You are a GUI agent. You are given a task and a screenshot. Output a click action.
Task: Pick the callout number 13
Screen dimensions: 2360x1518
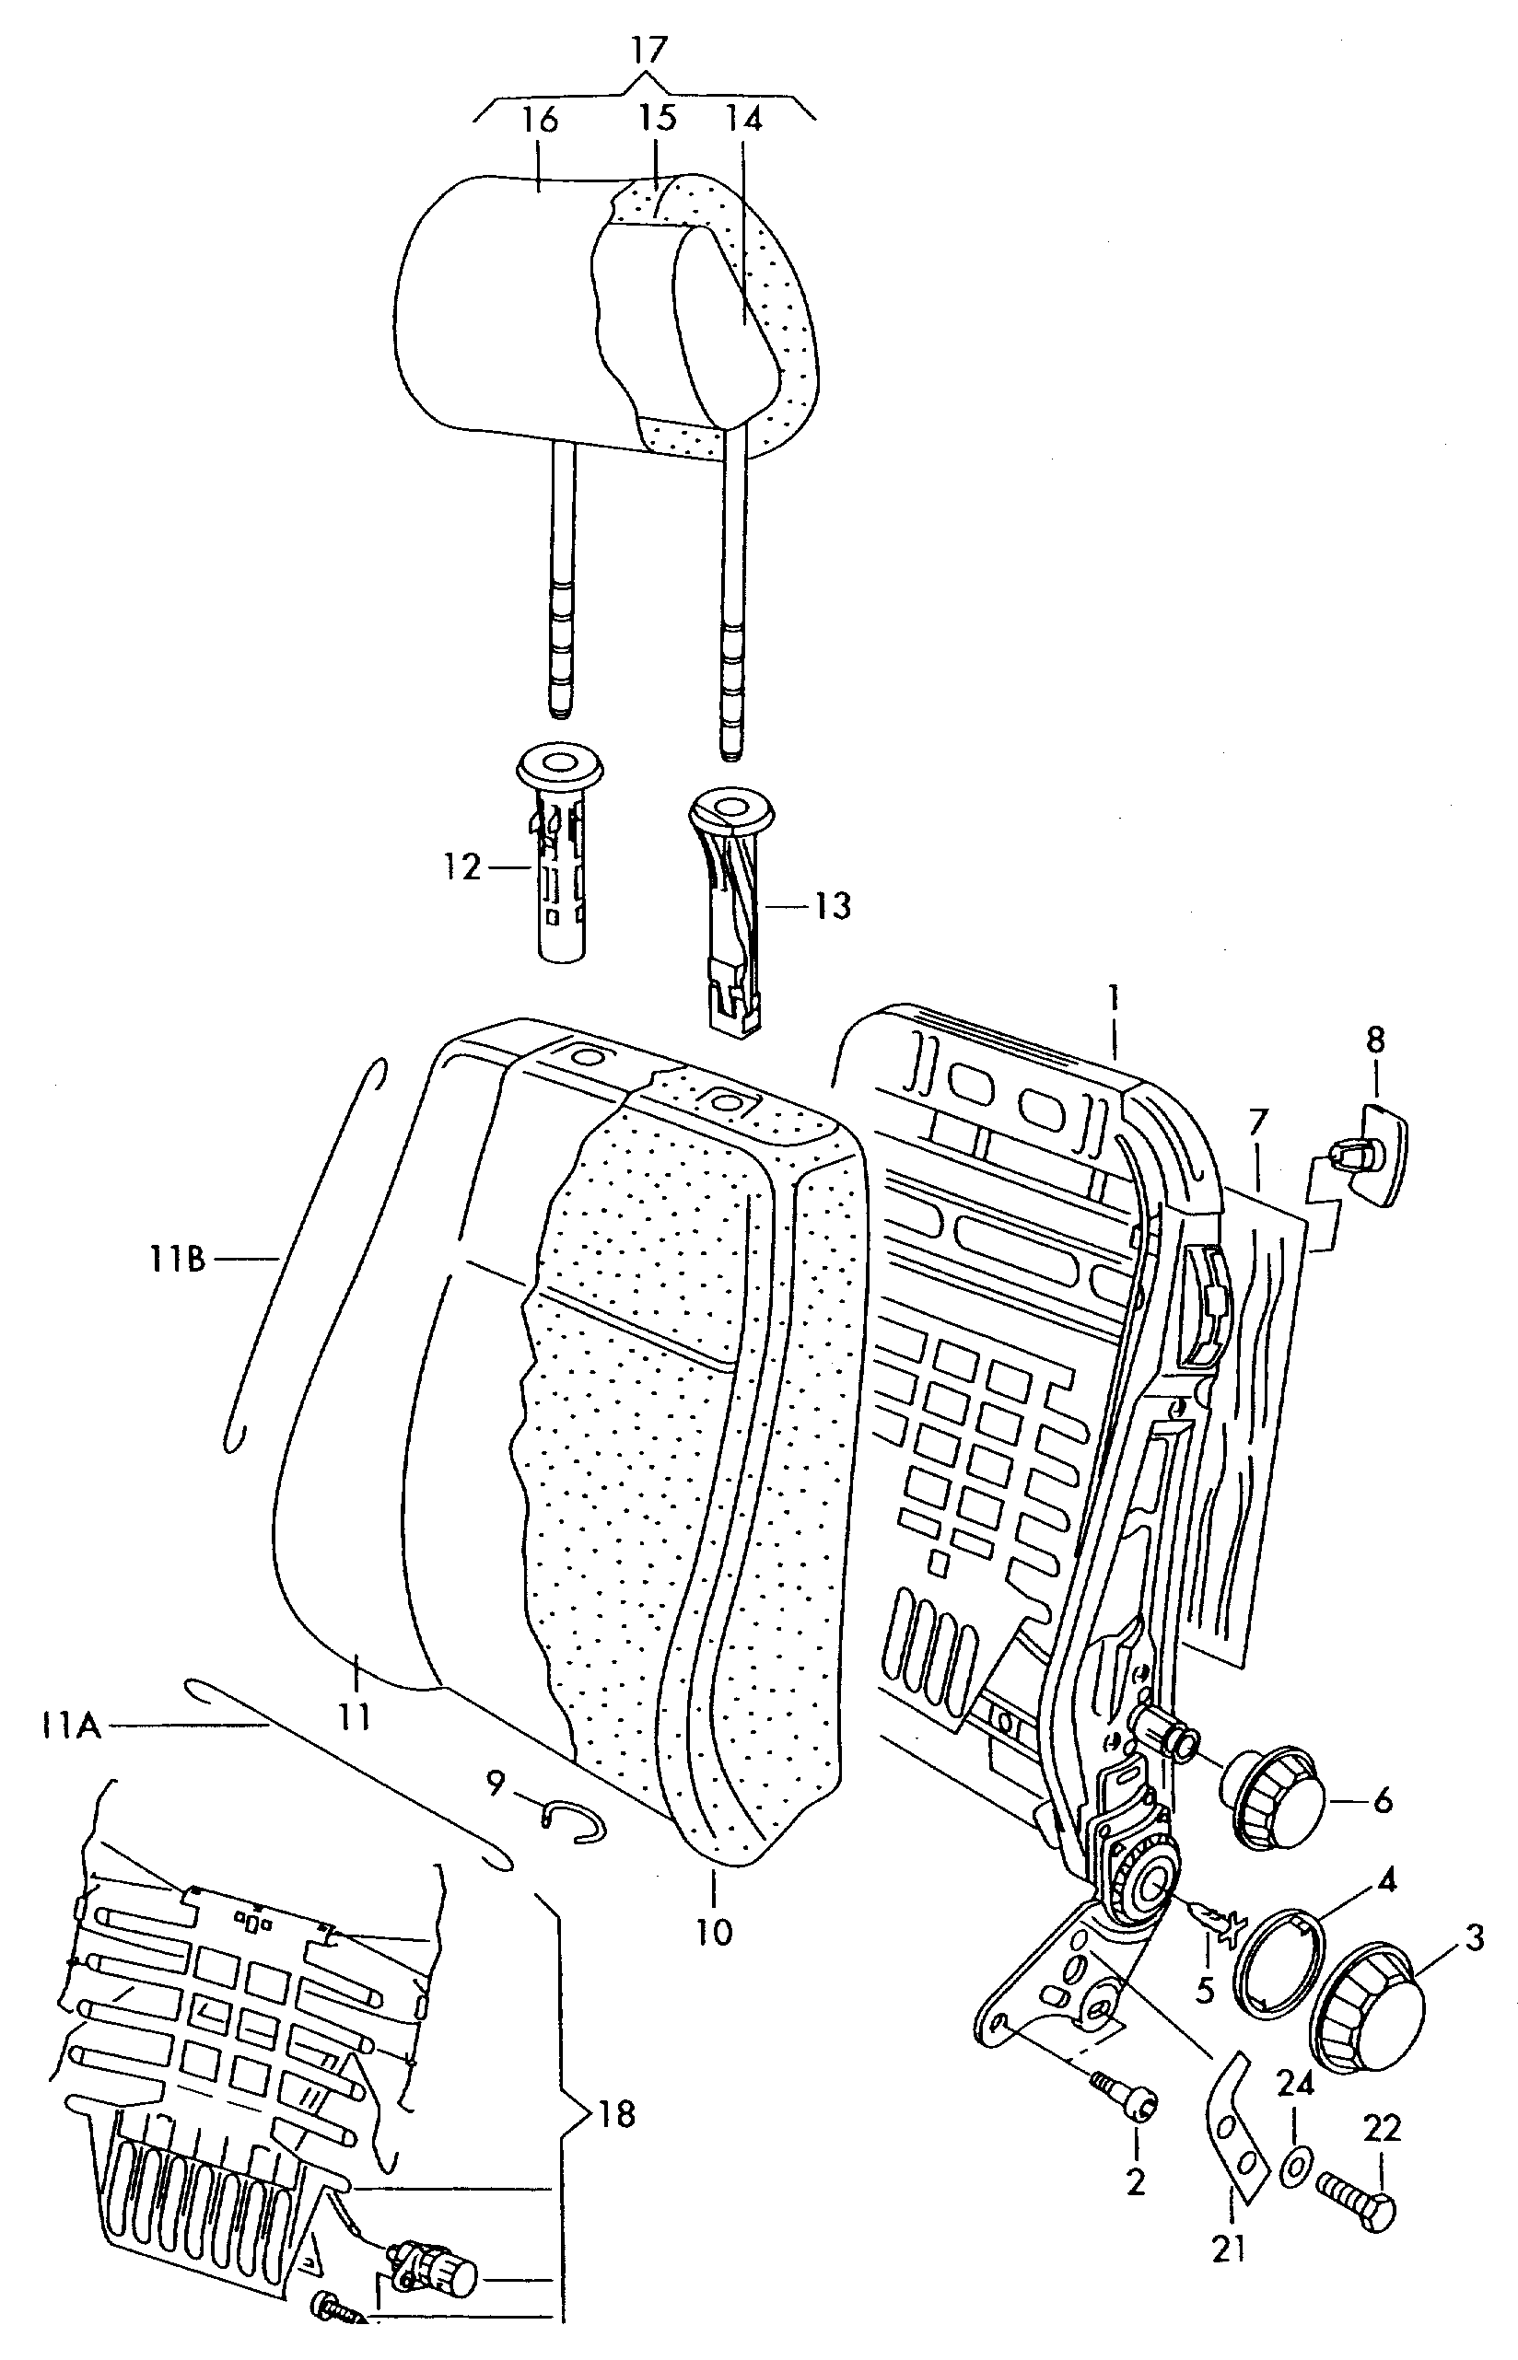(833, 905)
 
